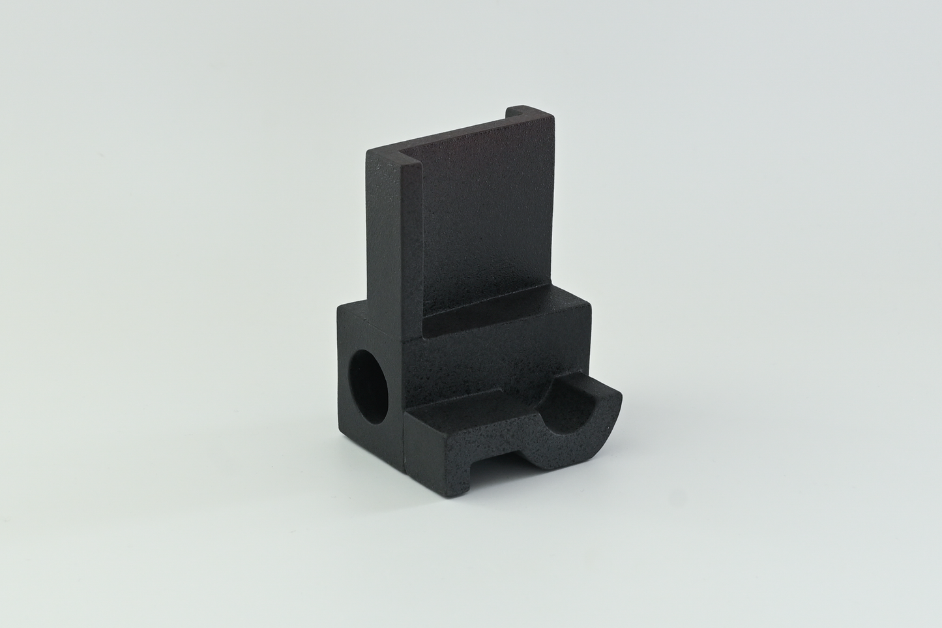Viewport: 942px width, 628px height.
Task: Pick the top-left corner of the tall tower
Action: pyautogui.click(x=368, y=152)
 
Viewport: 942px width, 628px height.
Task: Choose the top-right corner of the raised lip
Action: pyautogui.click(x=554, y=117)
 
